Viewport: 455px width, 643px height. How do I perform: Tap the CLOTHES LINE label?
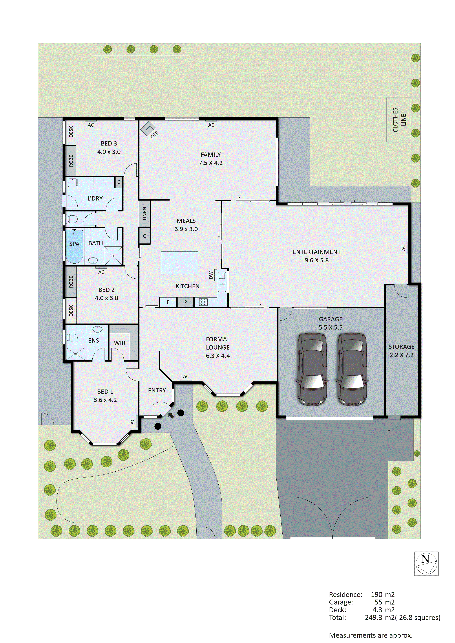(x=399, y=120)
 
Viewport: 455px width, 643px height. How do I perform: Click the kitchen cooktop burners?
(x=203, y=302)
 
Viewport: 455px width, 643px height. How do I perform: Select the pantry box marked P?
(x=185, y=302)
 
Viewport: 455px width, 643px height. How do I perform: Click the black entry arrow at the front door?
(x=171, y=415)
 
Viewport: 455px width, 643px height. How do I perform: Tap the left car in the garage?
(x=312, y=369)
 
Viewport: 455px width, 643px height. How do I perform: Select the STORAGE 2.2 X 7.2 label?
(x=401, y=351)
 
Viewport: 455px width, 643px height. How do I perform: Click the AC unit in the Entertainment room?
(x=407, y=248)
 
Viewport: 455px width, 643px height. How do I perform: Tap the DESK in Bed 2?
(x=71, y=311)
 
